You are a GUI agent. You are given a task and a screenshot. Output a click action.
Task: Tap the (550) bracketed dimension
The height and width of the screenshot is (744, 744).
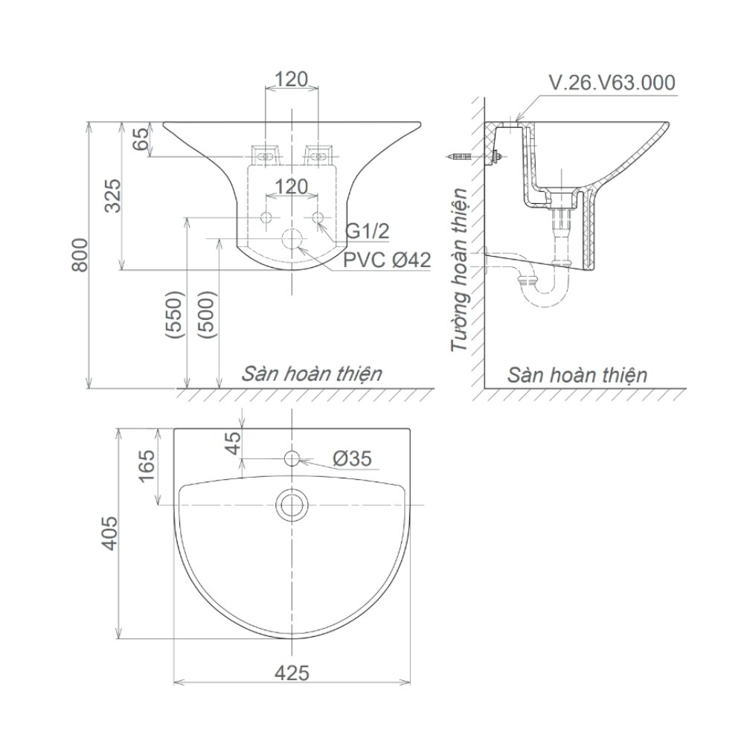176,315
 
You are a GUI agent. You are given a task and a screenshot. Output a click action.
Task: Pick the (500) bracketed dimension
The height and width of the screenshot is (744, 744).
208,315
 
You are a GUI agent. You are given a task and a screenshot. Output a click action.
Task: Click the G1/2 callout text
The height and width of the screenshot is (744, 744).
368,231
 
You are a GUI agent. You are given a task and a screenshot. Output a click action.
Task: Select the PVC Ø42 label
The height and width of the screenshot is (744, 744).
387,260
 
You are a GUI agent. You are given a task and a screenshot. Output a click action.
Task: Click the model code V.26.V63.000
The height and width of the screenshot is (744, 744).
612,82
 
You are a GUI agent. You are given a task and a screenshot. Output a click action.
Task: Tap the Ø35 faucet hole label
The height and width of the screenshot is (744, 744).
352,460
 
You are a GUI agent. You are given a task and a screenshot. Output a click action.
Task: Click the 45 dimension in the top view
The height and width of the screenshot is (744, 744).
233,443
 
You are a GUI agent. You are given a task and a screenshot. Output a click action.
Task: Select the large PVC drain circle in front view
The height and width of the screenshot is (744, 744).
292,240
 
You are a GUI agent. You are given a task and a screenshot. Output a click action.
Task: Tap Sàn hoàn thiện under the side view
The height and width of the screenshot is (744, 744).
577,374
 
